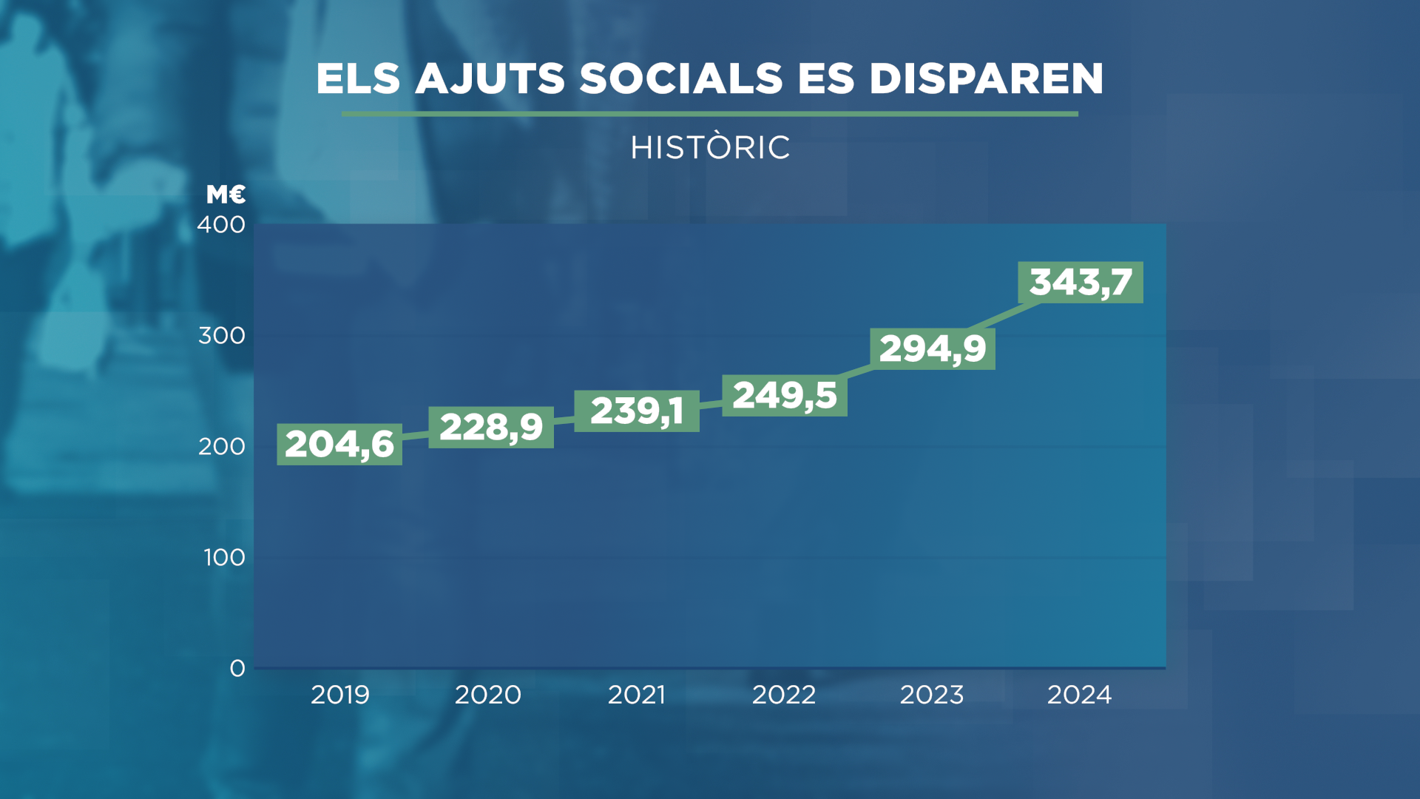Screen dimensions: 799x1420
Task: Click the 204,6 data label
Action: (x=339, y=445)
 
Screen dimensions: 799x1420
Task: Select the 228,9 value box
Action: (x=491, y=428)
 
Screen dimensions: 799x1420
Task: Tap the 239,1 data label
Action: (x=637, y=411)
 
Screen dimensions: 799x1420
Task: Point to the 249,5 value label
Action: (x=785, y=396)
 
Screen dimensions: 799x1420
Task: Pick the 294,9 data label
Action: (x=933, y=349)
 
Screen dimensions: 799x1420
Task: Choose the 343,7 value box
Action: (x=1081, y=283)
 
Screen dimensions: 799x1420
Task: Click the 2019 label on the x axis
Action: (x=340, y=695)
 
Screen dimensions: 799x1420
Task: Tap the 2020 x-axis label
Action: (x=488, y=695)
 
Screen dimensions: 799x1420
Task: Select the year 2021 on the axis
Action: (x=637, y=695)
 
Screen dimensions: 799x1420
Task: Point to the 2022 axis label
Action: (x=784, y=695)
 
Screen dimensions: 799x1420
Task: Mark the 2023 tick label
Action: (x=932, y=695)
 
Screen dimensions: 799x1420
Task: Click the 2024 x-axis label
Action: (x=1080, y=695)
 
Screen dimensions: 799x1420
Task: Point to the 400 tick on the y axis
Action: (x=221, y=225)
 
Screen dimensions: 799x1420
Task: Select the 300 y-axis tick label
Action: (x=222, y=336)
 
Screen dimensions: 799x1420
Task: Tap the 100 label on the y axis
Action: (x=224, y=558)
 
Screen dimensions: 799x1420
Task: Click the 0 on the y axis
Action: (x=237, y=669)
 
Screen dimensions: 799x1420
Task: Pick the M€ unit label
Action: (x=226, y=195)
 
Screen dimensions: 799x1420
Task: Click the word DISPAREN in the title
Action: (x=986, y=78)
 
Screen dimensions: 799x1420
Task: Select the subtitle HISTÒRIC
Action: (x=710, y=147)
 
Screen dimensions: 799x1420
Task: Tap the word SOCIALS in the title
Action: (x=680, y=78)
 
